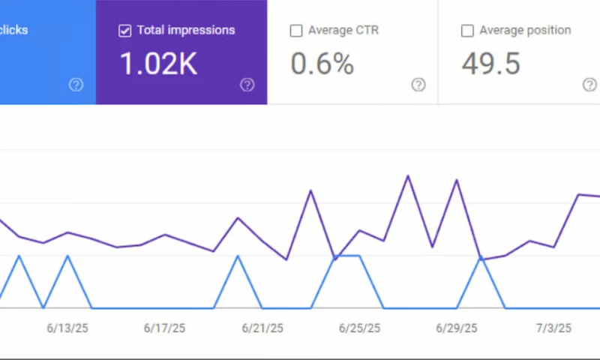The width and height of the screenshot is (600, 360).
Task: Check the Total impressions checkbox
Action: point(125,31)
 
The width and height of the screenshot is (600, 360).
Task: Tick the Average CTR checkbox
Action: point(296,31)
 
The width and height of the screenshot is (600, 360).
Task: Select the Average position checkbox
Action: point(467,31)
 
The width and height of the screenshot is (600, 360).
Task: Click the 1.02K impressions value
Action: point(158,64)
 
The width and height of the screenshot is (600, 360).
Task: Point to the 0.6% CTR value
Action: point(322,64)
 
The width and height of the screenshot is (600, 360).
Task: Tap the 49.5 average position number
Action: point(491,64)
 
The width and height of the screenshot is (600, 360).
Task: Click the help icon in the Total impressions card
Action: point(247,85)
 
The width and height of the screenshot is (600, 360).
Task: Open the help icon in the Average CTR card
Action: point(418,85)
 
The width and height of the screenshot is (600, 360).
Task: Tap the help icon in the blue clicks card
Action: point(76,85)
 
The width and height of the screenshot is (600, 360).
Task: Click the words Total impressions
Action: point(186,31)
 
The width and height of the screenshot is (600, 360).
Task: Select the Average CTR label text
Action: point(343,31)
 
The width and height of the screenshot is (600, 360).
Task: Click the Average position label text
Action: point(525,31)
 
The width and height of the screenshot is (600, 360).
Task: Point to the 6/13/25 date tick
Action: point(67,328)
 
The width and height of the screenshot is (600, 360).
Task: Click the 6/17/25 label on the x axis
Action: point(164,328)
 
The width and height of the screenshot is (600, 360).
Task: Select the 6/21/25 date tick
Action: point(262,328)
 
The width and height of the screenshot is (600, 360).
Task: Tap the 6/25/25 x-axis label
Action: point(360,328)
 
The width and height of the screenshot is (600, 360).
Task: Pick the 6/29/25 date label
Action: point(457,328)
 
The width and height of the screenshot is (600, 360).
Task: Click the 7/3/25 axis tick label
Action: point(553,328)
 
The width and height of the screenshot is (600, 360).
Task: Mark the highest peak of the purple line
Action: point(408,176)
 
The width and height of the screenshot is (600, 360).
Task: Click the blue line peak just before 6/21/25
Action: point(238,256)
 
